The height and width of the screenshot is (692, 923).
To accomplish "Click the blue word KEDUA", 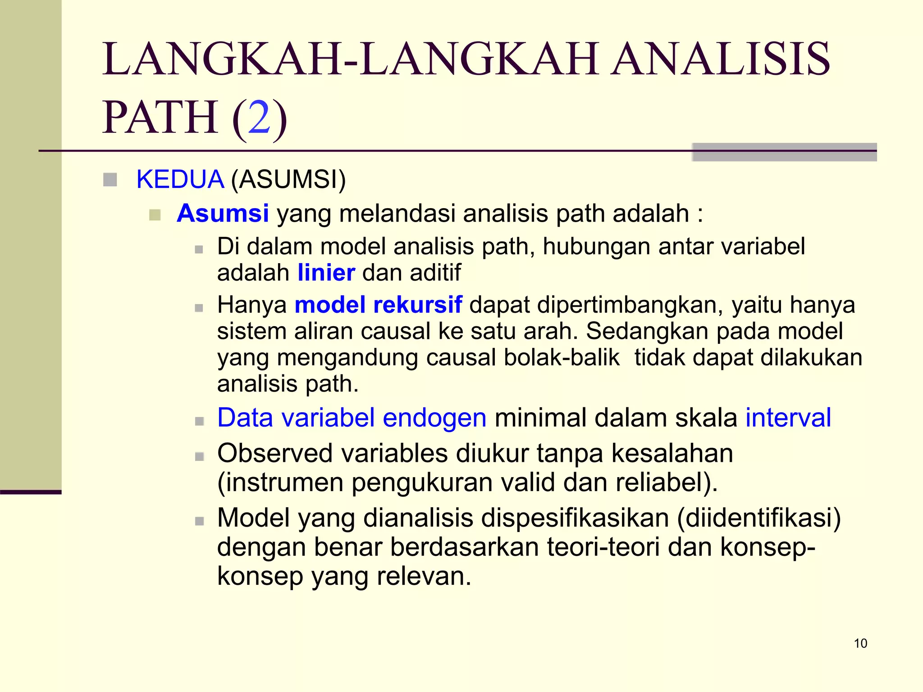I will coord(180,179).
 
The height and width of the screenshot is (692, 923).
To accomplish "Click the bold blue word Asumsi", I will coord(223,213).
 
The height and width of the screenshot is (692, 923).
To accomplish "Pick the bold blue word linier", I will coord(326,273).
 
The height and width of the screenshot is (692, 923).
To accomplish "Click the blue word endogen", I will coord(434,418).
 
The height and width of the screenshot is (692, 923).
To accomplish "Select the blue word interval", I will coord(788,418).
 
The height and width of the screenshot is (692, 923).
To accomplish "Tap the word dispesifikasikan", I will coord(575,518).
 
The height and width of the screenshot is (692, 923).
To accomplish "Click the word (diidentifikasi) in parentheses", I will coord(759,518).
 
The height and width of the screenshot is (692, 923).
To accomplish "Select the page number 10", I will coord(860,643).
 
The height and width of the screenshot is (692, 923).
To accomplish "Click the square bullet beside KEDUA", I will coord(110,180).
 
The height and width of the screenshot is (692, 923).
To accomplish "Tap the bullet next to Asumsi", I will coord(155,214).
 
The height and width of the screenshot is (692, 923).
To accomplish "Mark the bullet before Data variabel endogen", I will coord(199,421).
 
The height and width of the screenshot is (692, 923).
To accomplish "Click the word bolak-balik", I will coord(562,358).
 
